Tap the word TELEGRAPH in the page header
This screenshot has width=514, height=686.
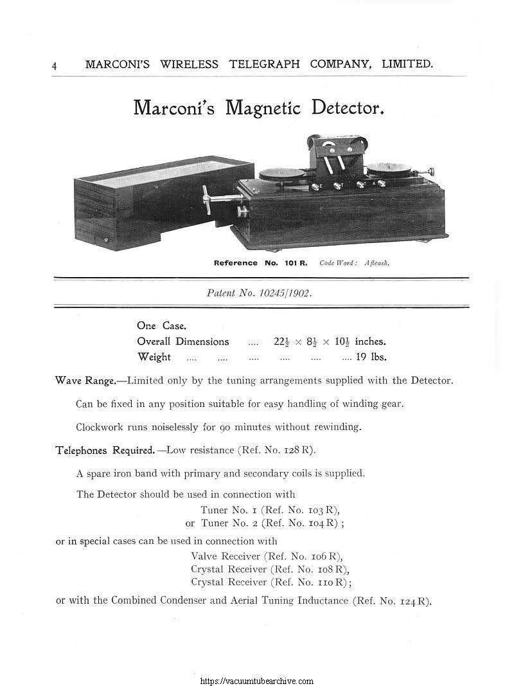pos(263,64)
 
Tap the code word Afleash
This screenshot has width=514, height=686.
pos(377,263)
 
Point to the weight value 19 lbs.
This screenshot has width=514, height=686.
pos(371,357)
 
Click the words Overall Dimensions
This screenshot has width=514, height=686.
pos(182,341)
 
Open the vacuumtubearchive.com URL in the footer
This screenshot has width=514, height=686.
pos(257,681)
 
